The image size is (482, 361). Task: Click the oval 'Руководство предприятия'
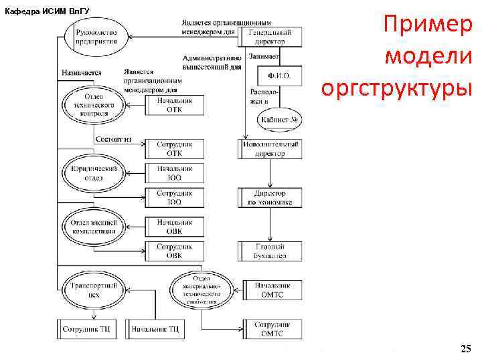96,35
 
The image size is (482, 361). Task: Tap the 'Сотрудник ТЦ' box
87,329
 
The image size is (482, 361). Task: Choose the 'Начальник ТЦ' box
155,329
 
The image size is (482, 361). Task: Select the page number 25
466,348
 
